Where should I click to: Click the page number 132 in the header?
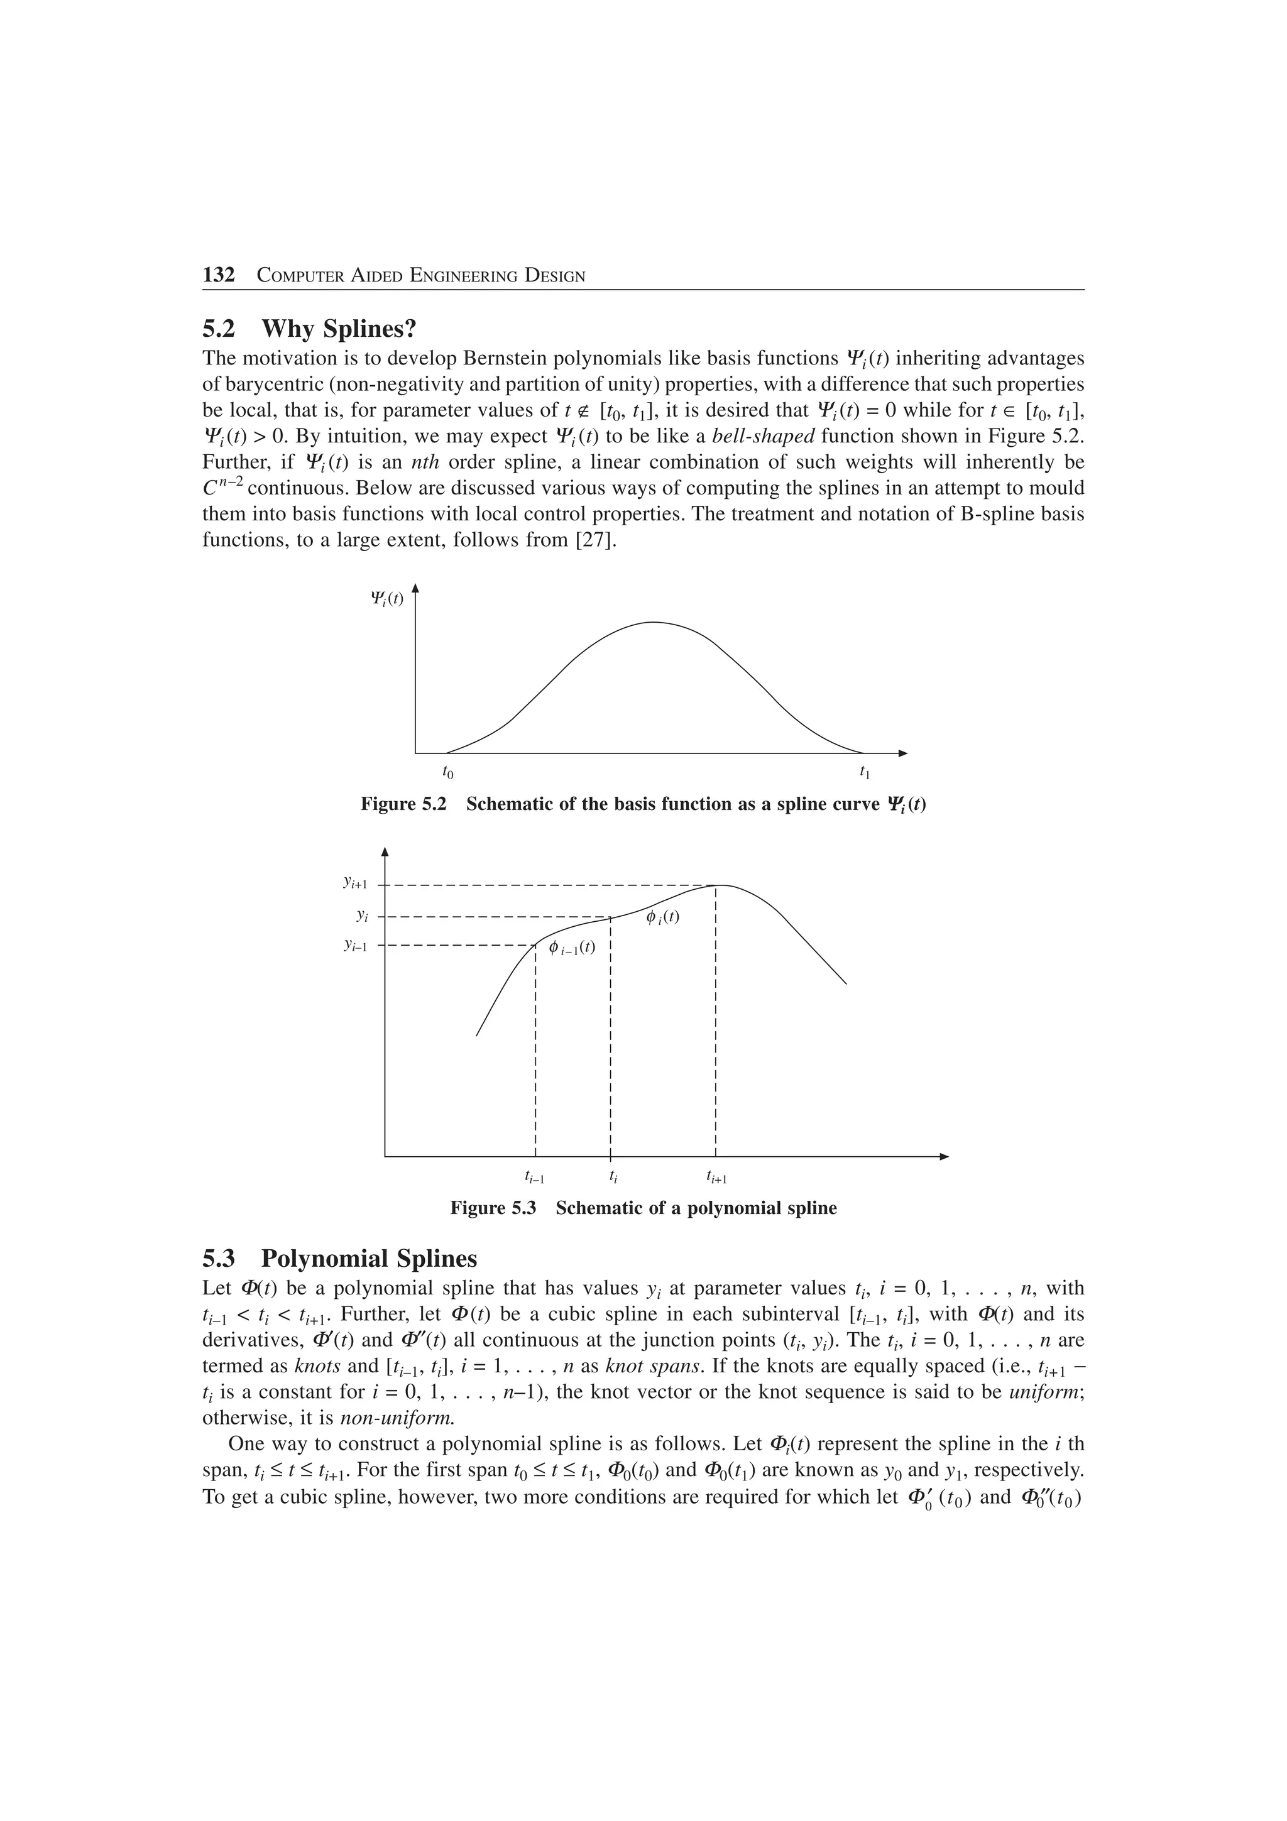pyautogui.click(x=219, y=275)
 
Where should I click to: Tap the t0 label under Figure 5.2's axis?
pyautogui.click(x=448, y=772)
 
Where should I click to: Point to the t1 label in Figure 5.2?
pyautogui.click(x=864, y=772)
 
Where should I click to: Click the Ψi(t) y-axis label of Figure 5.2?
pyautogui.click(x=387, y=598)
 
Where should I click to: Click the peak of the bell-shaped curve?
pyautogui.click(x=654, y=623)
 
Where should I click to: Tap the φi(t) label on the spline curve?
pyautogui.click(x=662, y=917)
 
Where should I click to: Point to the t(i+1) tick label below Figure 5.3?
pyautogui.click(x=716, y=1178)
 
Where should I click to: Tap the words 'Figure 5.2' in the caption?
pyautogui.click(x=403, y=804)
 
